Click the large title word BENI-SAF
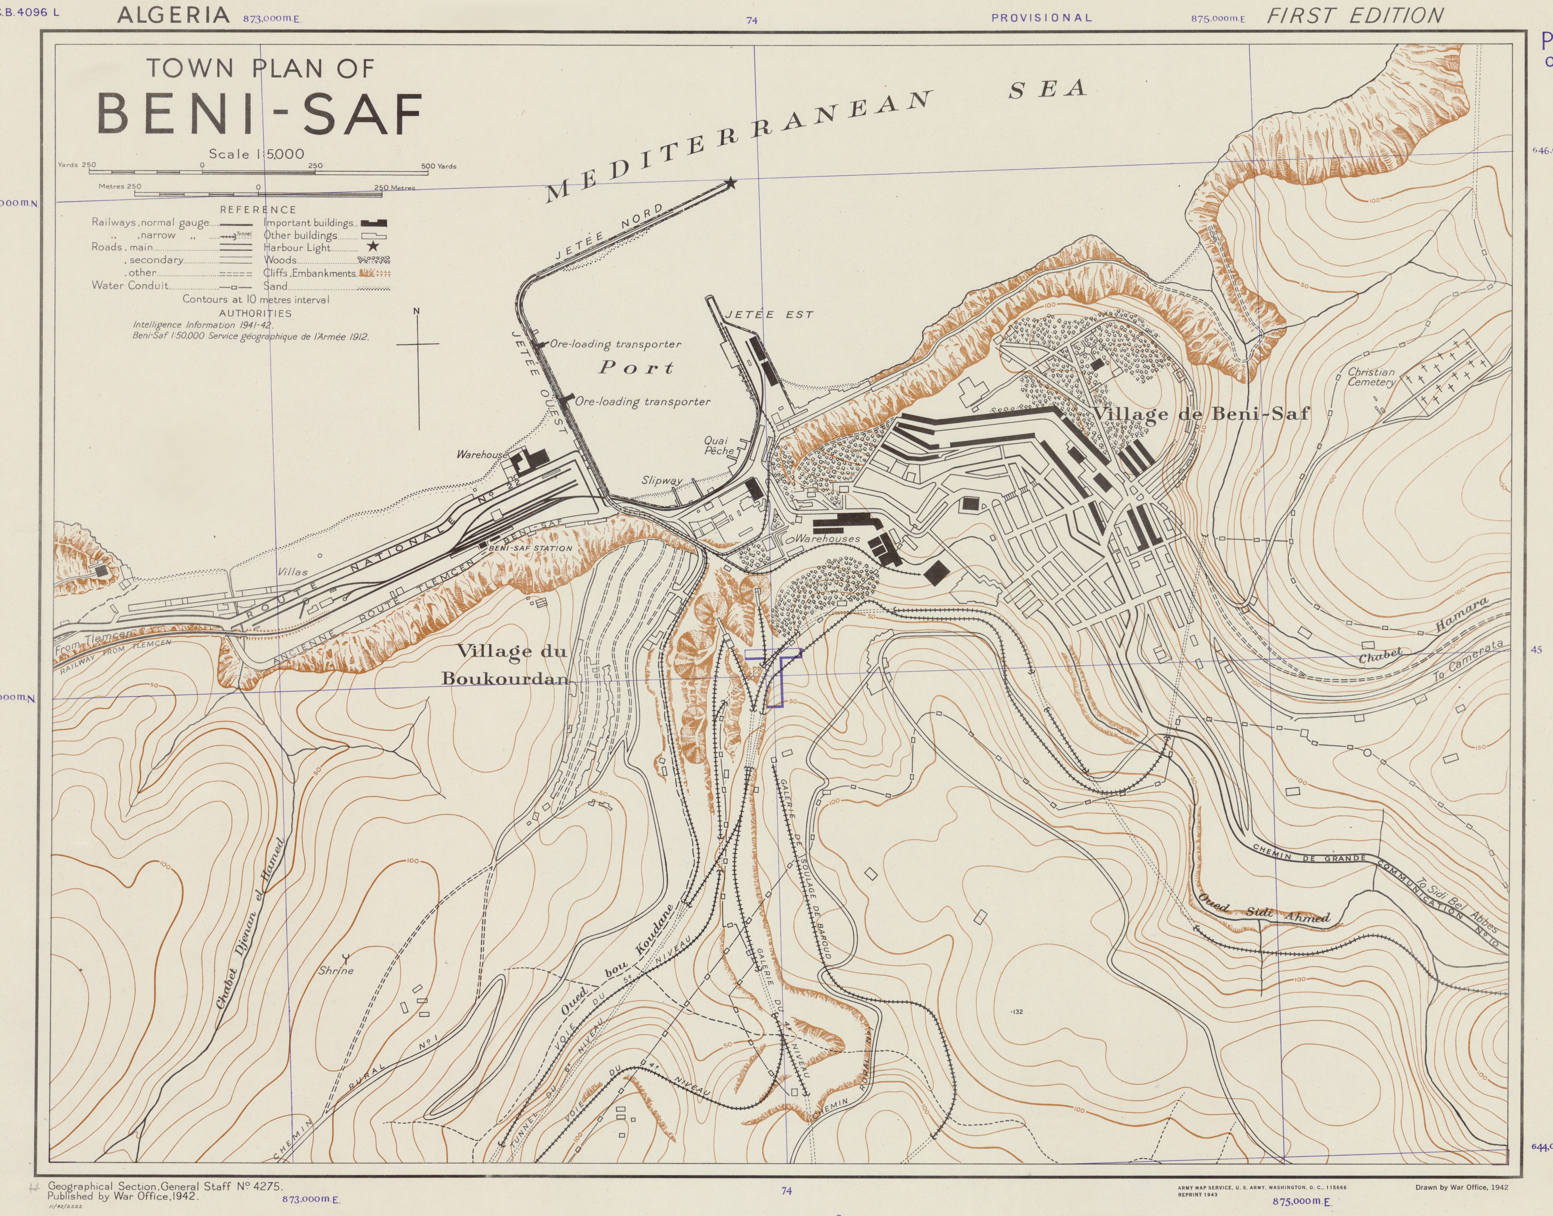260,114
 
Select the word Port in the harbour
636,367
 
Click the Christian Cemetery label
1371,377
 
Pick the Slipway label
661,481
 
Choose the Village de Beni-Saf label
1200,414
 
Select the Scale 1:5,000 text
256,154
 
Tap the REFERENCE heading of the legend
258,209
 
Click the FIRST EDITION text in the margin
1355,16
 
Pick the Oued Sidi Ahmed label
1264,912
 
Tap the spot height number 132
1017,1012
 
